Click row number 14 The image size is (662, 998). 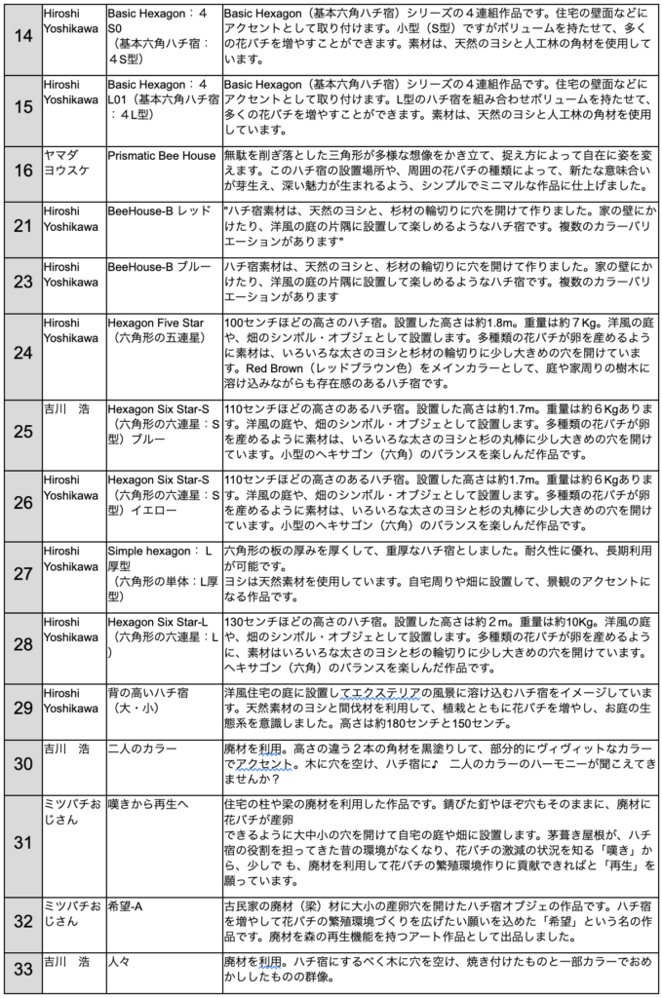21,38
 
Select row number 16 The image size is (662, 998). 21,173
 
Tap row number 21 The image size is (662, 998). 21,229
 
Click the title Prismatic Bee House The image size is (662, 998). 162,155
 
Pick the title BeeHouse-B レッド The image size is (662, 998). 159,211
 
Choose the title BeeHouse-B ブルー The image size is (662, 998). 159,267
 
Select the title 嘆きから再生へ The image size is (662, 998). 148,804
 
